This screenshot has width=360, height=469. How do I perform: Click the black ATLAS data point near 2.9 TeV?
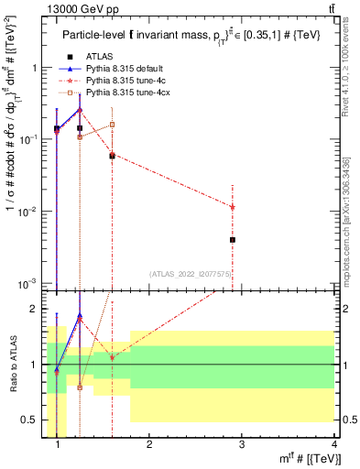pos(233,240)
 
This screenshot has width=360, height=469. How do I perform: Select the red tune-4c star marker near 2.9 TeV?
pos(233,207)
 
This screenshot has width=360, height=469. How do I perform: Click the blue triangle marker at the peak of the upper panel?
pos(80,109)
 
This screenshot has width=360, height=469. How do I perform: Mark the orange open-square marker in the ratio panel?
pos(80,387)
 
